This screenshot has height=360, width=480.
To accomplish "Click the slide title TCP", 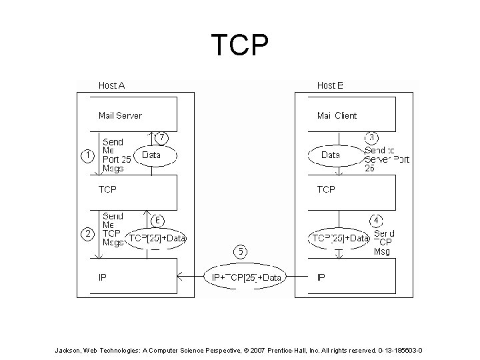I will click(240, 45).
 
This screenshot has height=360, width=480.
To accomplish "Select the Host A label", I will click(111, 85).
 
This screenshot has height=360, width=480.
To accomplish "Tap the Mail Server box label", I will click(120, 115).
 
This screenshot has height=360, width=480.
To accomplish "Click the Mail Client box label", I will click(337, 115).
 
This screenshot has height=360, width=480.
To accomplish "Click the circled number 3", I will click(372, 137).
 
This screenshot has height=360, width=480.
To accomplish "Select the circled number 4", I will click(376, 219).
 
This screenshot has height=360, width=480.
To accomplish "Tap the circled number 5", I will click(241, 251).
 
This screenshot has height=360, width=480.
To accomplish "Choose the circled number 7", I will click(161, 137).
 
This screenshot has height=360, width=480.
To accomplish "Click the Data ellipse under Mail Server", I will click(152, 155).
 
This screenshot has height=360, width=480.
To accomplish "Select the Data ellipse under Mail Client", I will click(331, 155).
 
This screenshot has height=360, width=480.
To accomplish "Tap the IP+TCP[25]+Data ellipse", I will click(245, 277).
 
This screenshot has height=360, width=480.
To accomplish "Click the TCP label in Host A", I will click(107, 190).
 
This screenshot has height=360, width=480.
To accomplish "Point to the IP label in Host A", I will click(103, 277).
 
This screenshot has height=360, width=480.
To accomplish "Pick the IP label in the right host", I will click(321, 277).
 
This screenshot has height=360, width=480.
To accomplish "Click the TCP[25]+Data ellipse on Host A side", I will click(157, 238).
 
